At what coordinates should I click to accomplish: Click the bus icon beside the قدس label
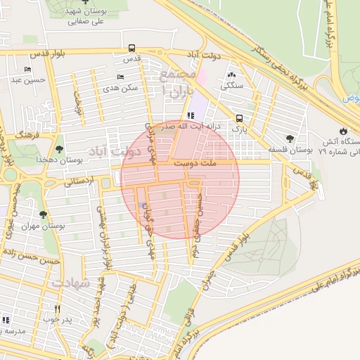(133, 49)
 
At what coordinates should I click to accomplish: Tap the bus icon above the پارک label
(240, 118)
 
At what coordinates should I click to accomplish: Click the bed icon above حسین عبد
(27, 69)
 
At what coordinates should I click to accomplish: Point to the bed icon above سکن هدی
(120, 77)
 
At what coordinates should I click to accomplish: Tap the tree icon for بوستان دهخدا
(59, 149)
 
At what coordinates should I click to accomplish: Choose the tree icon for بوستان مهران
(43, 215)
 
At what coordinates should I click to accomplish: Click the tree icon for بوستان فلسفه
(290, 139)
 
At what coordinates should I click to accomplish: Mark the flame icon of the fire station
(342, 131)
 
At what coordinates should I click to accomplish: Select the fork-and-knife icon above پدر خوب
(58, 309)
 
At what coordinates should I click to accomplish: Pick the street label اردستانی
(79, 182)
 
